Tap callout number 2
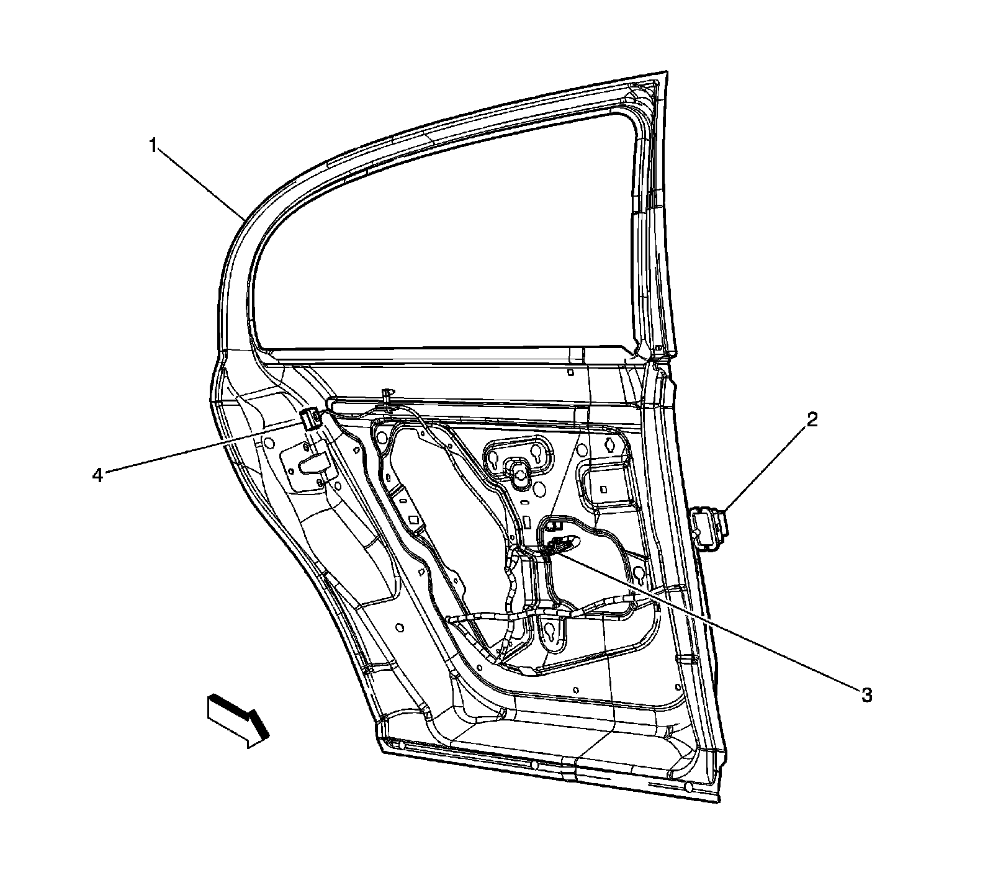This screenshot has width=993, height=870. [x=812, y=420]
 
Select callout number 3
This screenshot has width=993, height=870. [x=866, y=695]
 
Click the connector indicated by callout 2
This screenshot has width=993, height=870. [x=709, y=527]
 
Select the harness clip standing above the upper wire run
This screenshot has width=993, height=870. [x=388, y=396]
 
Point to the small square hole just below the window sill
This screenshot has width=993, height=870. [x=570, y=373]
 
